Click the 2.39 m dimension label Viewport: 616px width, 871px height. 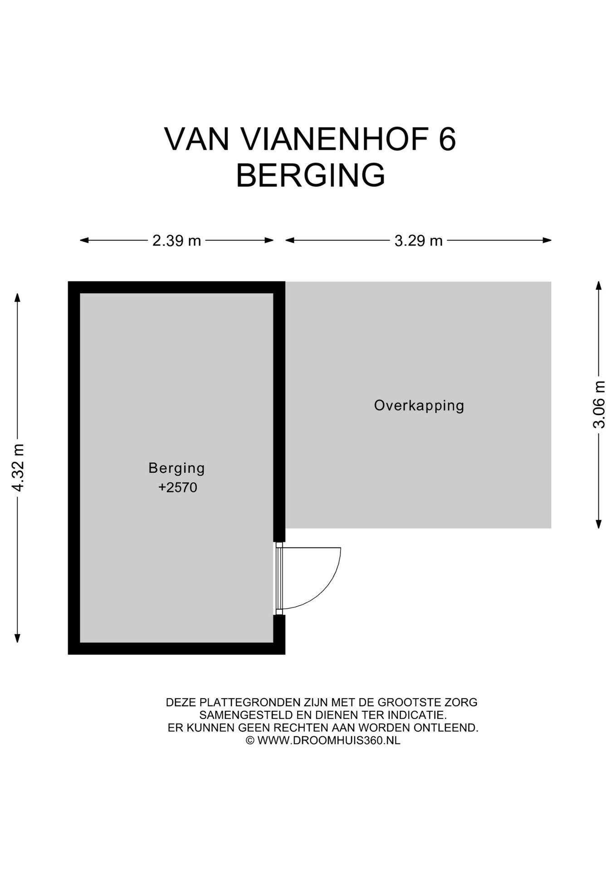pos(176,240)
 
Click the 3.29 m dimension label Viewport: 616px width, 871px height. pos(418,240)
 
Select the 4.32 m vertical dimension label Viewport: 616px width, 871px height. pos(18,467)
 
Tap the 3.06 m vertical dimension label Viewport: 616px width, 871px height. pos(599,405)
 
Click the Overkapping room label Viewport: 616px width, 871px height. pos(419,405)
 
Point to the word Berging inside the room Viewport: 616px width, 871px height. pos(176,468)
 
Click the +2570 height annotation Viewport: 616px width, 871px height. pos(177,488)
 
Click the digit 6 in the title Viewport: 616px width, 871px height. pos(447,139)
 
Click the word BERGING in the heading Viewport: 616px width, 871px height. pos(310,176)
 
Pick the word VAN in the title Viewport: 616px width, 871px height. pos(196,139)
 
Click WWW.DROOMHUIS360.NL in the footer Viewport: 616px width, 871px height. pos(328,741)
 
